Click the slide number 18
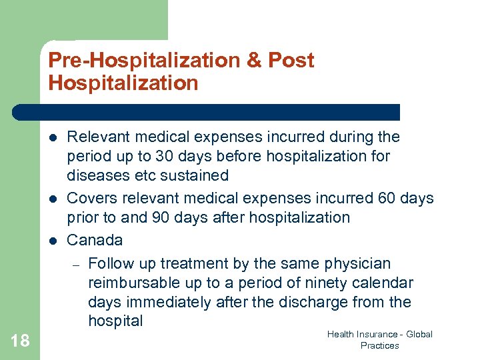[21, 341]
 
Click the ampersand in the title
[253, 60]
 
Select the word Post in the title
[291, 60]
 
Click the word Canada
[95, 239]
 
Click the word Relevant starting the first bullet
[97, 137]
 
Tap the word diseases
[95, 175]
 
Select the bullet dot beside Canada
[51, 240]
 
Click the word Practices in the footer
[379, 345]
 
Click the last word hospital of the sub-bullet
[115, 321]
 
